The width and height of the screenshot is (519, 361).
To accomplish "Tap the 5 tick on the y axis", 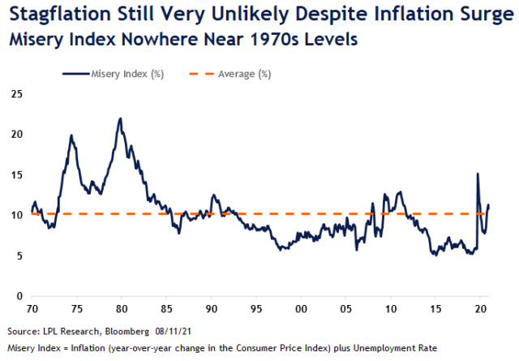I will (17, 256).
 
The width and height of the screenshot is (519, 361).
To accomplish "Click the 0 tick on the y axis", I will (17, 297).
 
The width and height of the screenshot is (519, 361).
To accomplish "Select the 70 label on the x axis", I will (31, 310).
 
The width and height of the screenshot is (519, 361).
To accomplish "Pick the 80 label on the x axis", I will (120, 310).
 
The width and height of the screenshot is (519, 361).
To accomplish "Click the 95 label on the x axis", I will (255, 310).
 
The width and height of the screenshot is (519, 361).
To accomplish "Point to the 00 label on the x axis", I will (300, 310).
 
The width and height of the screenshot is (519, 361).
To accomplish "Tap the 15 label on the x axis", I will (435, 310).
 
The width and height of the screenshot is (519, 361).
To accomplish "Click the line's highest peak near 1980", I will (120, 118).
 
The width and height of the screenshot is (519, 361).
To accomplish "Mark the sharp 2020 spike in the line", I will (477, 174).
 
